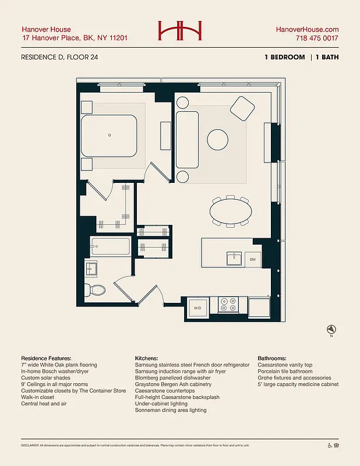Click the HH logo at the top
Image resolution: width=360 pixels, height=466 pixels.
pyautogui.click(x=179, y=31)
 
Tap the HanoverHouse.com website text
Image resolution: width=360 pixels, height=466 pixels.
pyautogui.click(x=306, y=29)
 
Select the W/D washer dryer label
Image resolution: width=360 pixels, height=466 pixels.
pyautogui.click(x=197, y=308)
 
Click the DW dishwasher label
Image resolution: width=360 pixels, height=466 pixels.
pyautogui.click(x=253, y=259)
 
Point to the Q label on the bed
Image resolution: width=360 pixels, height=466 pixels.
pyautogui.click(x=109, y=135)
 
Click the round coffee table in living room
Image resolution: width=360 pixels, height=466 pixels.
pyautogui.click(x=218, y=139)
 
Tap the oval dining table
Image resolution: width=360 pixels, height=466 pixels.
pyautogui.click(x=231, y=211)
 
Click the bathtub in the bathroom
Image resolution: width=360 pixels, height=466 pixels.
pyautogui.click(x=110, y=247)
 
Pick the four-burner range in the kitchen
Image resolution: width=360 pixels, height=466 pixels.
pyautogui.click(x=228, y=305)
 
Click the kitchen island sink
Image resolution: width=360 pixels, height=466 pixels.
pyautogui.click(x=234, y=257)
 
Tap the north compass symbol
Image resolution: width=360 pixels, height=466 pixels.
pyautogui.click(x=330, y=329)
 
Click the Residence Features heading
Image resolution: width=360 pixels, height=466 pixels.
pyautogui.click(x=46, y=358)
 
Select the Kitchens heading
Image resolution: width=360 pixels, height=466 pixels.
pyautogui.click(x=149, y=358)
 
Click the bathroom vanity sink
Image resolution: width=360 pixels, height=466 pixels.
pyautogui.click(x=91, y=269)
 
